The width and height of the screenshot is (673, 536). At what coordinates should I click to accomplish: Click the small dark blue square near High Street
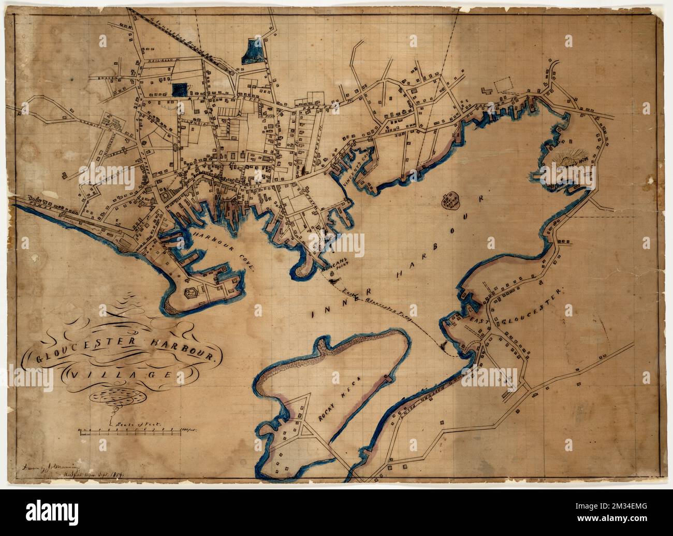coord(179,90)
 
